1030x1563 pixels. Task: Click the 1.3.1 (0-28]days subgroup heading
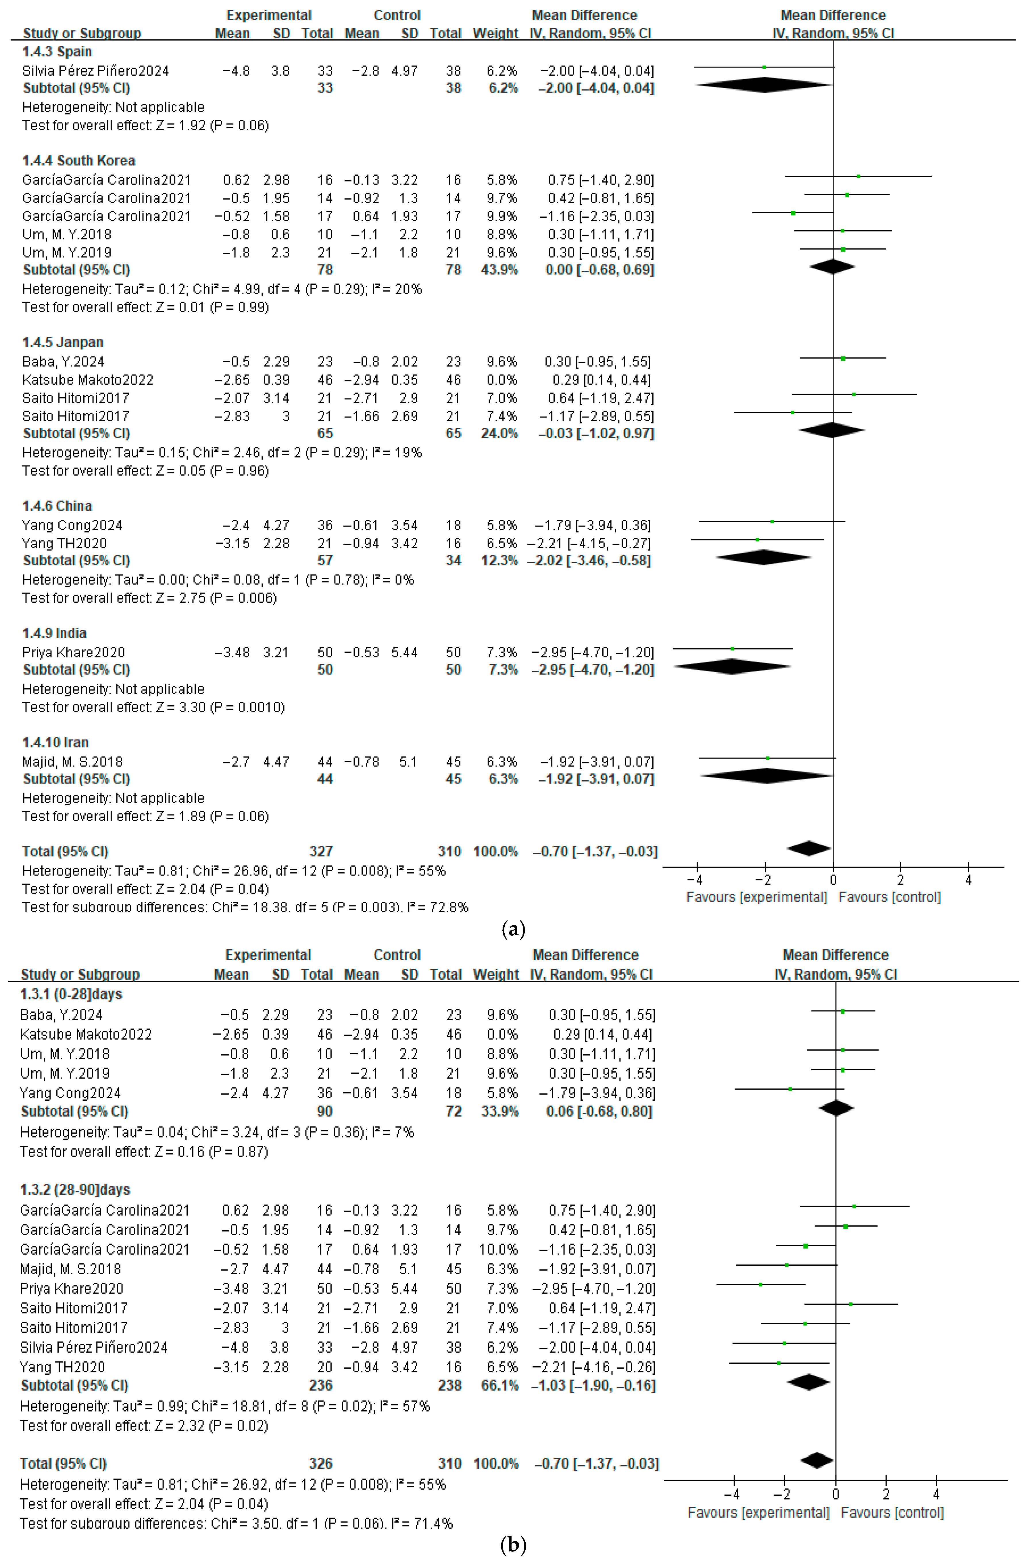(x=71, y=994)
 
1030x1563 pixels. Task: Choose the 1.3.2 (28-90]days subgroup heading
(x=75, y=1190)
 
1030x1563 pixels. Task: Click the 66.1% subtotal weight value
(x=500, y=1386)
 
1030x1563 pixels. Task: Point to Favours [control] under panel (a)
(x=889, y=897)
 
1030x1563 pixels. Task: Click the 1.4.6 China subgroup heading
(x=57, y=506)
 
